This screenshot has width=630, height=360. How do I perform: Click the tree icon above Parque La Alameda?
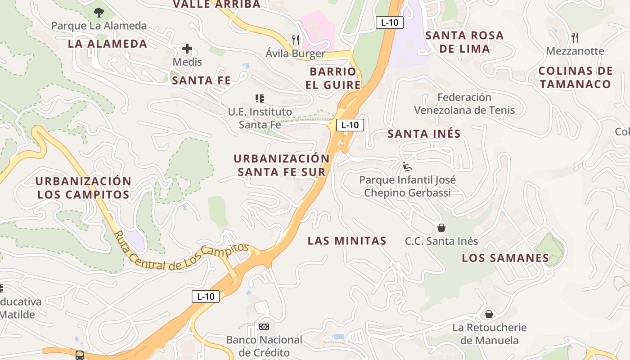tap(99, 13)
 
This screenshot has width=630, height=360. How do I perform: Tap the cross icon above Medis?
tap(187, 49)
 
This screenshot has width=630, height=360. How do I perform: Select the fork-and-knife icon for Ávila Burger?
tap(296, 40)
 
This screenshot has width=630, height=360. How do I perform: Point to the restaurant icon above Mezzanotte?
tap(575, 37)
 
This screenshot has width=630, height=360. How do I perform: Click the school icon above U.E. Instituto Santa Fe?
tap(259, 98)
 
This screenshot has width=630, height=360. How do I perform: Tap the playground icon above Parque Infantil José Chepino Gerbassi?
tap(407, 166)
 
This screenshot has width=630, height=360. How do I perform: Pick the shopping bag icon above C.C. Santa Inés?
tap(441, 228)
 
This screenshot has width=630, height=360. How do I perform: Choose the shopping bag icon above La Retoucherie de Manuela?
tap(489, 314)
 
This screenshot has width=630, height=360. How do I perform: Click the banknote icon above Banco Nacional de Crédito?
tap(264, 326)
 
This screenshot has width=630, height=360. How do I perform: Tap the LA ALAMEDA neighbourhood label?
tap(108, 44)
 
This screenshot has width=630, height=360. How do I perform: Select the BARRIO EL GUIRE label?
tap(333, 78)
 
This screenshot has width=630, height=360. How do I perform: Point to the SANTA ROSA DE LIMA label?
tap(464, 42)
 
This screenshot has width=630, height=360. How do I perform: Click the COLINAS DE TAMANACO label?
tap(576, 77)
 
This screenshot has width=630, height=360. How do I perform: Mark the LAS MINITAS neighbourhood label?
tap(347, 241)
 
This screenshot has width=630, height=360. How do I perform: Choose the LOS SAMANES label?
tap(505, 258)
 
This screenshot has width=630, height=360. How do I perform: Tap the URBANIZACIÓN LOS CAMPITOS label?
tap(83, 188)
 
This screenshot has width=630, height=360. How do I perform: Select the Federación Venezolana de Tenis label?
tap(464, 103)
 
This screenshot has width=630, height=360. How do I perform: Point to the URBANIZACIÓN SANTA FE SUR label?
tap(282, 165)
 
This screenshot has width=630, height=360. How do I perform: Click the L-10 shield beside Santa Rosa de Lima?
tap(389, 22)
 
